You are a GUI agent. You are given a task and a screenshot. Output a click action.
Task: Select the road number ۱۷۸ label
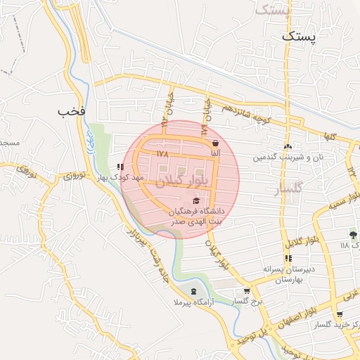click(x=163, y=153)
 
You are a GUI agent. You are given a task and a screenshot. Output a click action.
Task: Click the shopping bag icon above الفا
click(x=214, y=143)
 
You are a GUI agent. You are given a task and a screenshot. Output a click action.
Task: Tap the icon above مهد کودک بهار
click(x=121, y=167)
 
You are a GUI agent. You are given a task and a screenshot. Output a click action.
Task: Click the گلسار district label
click(x=288, y=189)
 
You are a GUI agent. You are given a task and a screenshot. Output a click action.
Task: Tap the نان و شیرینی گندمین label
click(x=289, y=157)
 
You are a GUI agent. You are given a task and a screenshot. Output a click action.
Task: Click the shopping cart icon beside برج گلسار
click(x=246, y=291)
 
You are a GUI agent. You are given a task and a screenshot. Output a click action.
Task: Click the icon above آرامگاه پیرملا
click(x=193, y=291)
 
